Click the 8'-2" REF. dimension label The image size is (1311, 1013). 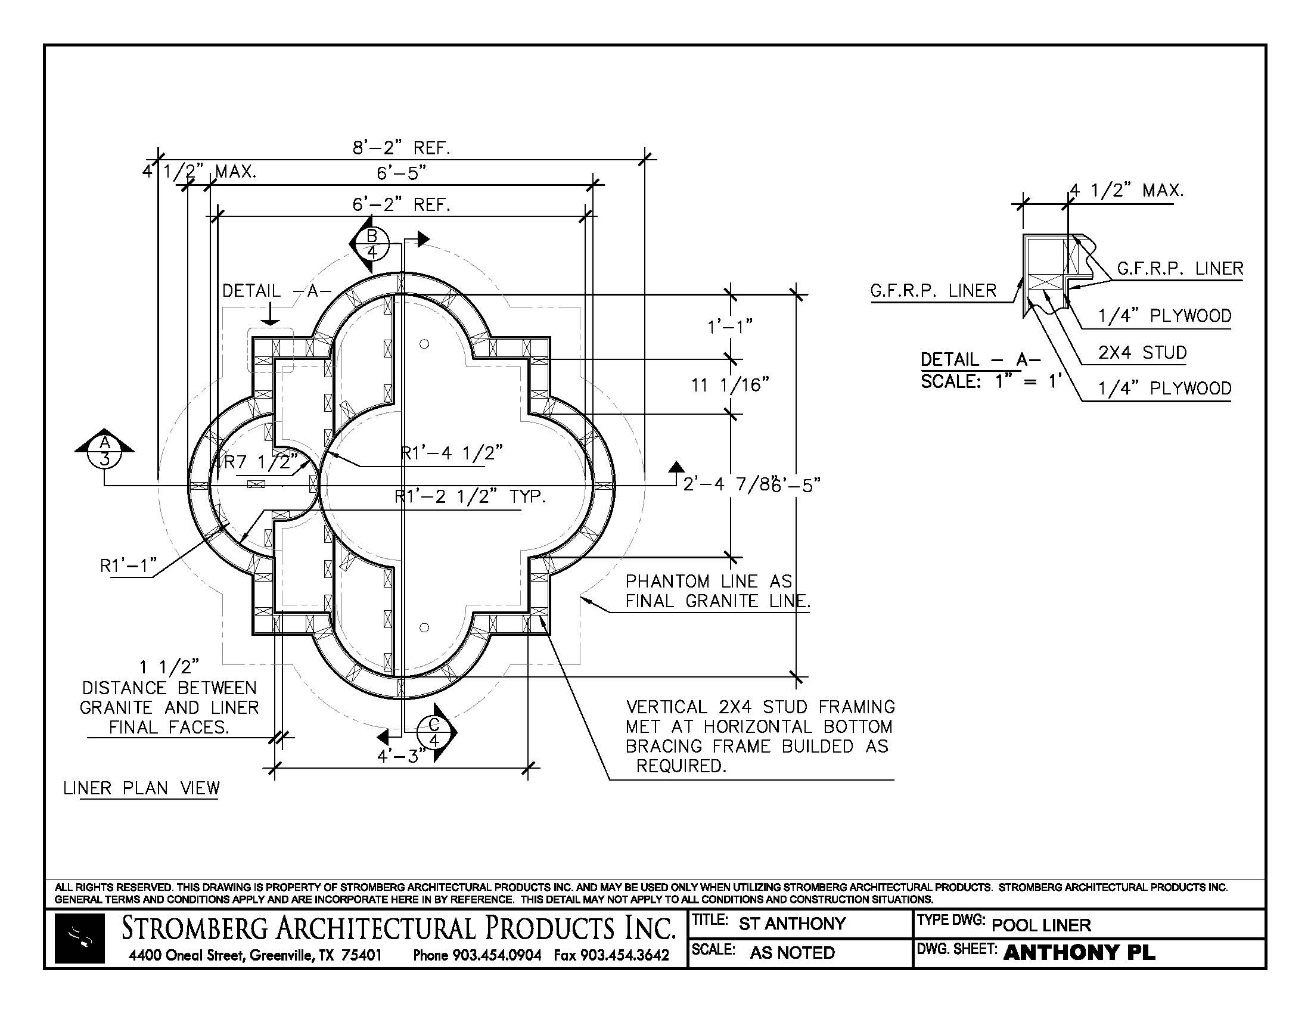pos(401,148)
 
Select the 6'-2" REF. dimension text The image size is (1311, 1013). pos(401,204)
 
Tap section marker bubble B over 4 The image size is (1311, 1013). pos(372,243)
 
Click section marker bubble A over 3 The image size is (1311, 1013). pos(105,450)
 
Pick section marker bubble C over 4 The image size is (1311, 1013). pos(434,733)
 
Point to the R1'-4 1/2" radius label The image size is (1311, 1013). pos(452,453)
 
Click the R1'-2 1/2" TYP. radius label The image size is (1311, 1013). pos(470,497)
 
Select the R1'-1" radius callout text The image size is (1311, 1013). pos(128,565)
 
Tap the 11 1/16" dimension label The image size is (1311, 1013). pos(730,385)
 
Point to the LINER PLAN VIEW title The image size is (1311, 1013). pos(142,788)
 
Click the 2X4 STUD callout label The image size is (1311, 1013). pos(1142,352)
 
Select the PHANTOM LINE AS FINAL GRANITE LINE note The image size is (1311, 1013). pos(717,591)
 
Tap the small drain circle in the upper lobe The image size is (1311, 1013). pos(424,344)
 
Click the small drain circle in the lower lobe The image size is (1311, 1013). pos(424,627)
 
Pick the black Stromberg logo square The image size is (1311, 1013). pos(79,939)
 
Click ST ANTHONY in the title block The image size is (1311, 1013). pos(792,923)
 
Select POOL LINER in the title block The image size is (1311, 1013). pos(1041,925)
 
